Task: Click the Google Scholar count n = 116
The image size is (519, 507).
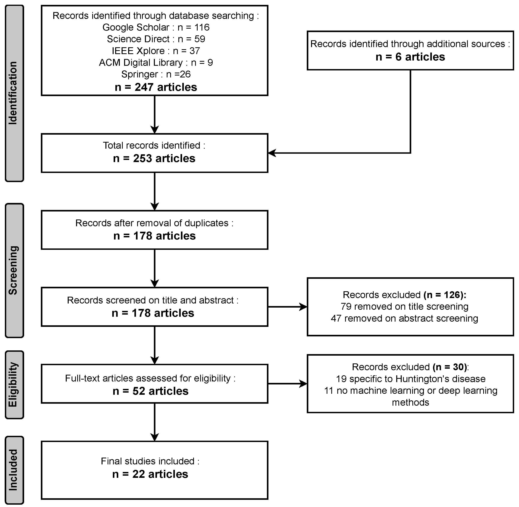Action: [x=194, y=27]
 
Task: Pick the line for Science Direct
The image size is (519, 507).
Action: [x=156, y=39]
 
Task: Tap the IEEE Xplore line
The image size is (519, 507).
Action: [x=156, y=51]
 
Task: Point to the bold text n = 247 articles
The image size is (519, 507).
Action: [x=156, y=87]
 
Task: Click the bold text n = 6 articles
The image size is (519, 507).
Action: [x=410, y=57]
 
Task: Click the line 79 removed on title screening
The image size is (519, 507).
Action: [x=404, y=306]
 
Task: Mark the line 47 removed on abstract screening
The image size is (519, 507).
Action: [x=404, y=318]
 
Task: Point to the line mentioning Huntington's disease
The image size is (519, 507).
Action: [x=410, y=379]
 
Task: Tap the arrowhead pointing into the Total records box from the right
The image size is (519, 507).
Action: [x=272, y=153]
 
